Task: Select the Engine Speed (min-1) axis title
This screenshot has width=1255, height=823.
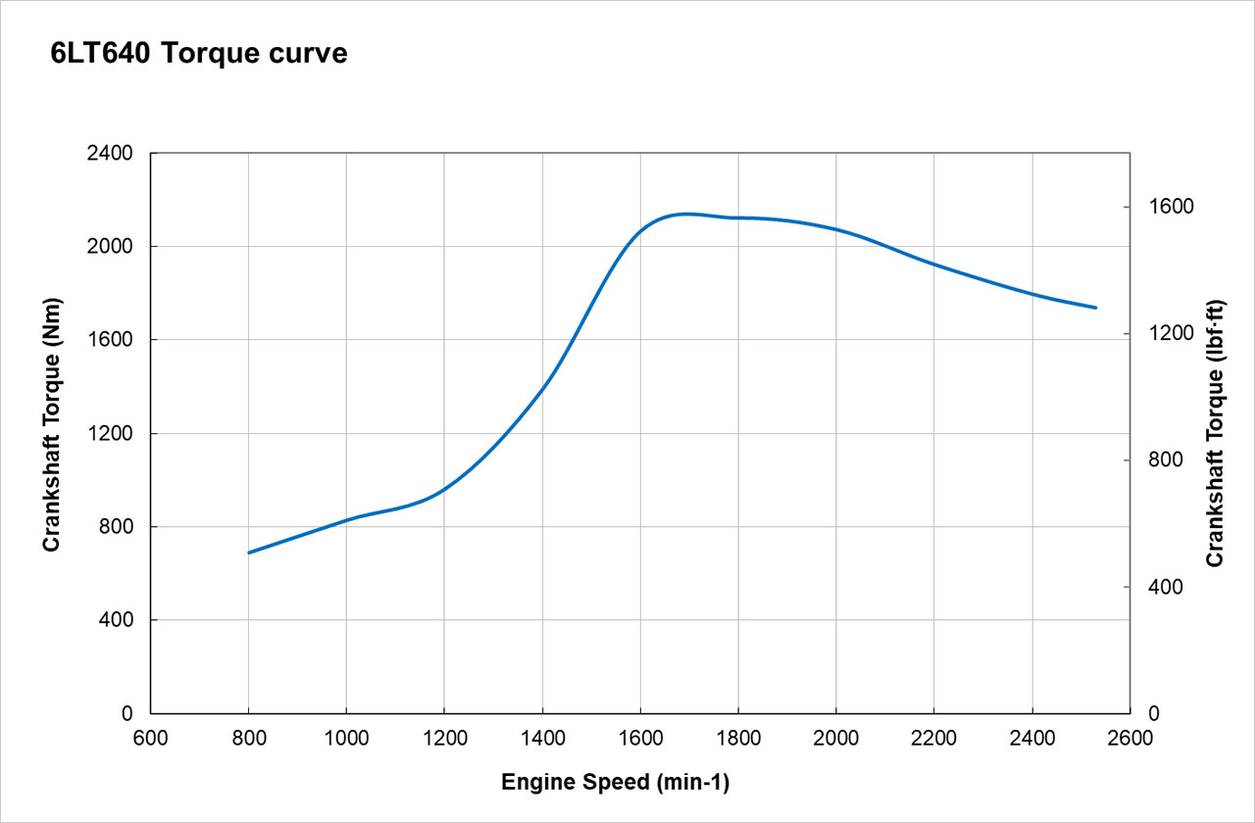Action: [x=616, y=782]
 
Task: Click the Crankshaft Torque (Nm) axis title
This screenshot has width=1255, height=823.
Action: [x=52, y=424]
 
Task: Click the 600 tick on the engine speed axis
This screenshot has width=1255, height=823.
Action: [x=150, y=738]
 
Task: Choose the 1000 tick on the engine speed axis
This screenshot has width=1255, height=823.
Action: [x=346, y=738]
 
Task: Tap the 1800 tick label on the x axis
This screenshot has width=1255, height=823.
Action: [x=738, y=738]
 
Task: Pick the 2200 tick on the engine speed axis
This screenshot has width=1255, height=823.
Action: [x=934, y=738]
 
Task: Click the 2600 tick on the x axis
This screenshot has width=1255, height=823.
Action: [x=1130, y=738]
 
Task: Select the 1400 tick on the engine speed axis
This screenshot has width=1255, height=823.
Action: [x=542, y=738]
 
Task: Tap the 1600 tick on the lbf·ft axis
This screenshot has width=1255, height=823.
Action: [x=1166, y=207]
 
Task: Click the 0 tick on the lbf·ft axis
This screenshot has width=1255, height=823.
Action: [x=1152, y=713]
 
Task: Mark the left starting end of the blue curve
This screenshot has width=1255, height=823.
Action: [x=249, y=553]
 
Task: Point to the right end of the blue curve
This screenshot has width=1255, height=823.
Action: [x=1096, y=308]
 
